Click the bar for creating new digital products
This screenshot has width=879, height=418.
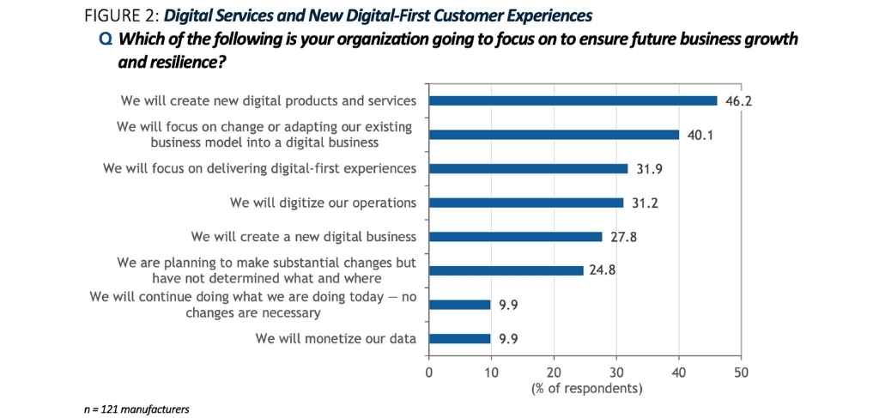tap(573, 100)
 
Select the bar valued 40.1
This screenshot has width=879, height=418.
tap(554, 135)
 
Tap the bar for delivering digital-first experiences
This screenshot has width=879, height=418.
tap(528, 169)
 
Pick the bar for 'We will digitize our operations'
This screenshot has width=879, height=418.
tap(525, 203)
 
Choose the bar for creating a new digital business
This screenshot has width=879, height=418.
tap(515, 237)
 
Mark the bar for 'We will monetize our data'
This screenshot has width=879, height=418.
tap(459, 338)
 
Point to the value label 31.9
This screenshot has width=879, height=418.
tap(650, 169)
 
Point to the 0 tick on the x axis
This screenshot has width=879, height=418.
tap(428, 373)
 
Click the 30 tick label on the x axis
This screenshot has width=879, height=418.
tap(616, 373)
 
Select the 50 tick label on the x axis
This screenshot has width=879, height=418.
tap(742, 373)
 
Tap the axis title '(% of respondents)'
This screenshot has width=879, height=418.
tap(585, 389)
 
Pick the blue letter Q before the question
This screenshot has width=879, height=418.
tap(106, 39)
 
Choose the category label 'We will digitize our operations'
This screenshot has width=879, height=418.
tap(324, 203)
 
